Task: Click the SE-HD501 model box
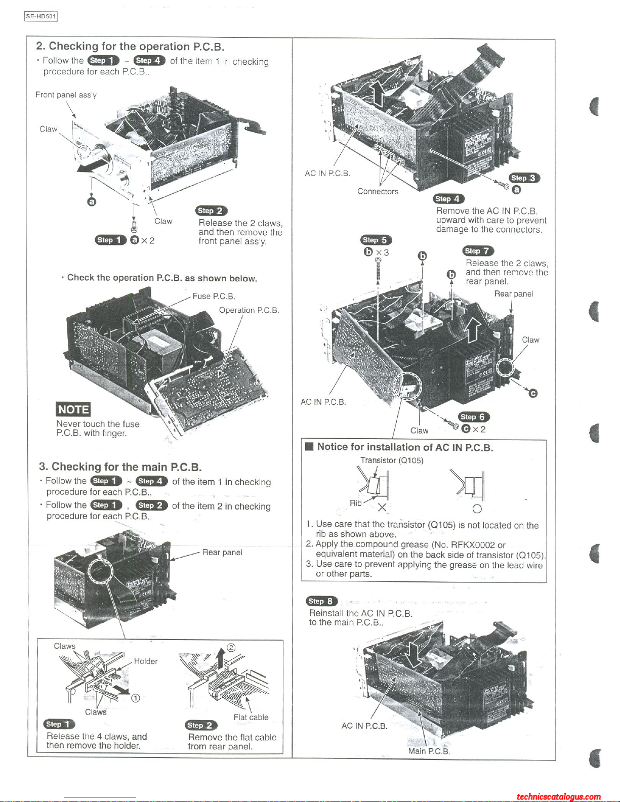click(x=41, y=16)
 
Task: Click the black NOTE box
click(x=73, y=409)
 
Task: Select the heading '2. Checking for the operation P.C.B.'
click(x=130, y=47)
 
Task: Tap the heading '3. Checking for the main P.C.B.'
click(x=120, y=467)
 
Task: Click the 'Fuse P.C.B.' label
click(x=214, y=297)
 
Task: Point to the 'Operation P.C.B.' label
click(x=249, y=310)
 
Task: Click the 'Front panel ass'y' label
click(x=66, y=95)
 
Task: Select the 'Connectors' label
click(x=378, y=191)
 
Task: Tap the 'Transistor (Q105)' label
click(x=391, y=460)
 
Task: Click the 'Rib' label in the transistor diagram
click(x=355, y=503)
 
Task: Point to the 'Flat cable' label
click(x=251, y=717)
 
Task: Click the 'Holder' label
click(x=146, y=661)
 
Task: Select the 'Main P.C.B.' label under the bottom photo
click(x=429, y=751)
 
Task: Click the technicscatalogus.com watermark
click(x=559, y=797)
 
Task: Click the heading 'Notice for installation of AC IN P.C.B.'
click(x=405, y=447)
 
